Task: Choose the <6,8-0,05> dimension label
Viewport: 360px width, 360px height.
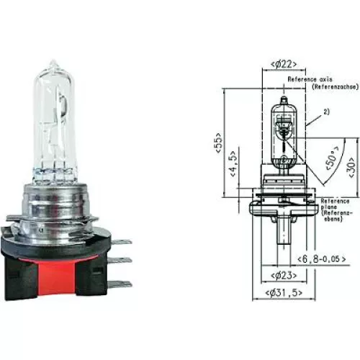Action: [321, 258]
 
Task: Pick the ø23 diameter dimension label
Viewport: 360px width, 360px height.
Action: [282, 275]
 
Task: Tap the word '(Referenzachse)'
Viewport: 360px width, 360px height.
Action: [315, 86]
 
